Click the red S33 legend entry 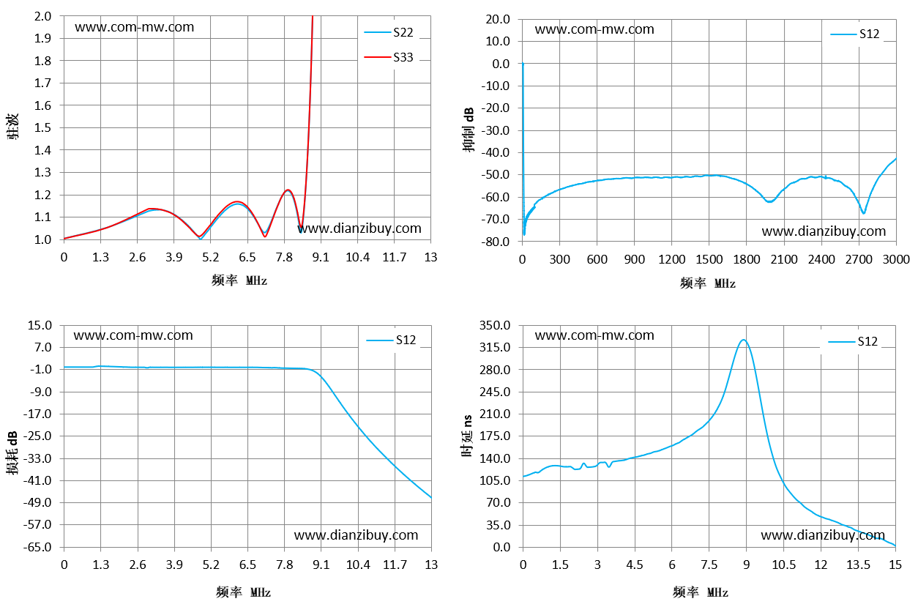(389, 57)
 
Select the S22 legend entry (389, 32)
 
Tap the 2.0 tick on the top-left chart (42, 16)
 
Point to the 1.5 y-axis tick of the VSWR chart (42, 128)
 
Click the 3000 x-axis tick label (896, 259)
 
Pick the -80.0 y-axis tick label (496, 242)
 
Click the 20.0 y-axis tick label (498, 19)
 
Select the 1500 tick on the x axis (709, 259)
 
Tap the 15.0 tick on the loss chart (40, 325)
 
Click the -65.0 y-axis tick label (38, 547)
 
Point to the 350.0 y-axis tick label (495, 325)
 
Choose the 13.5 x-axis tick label (858, 565)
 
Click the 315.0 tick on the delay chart (495, 348)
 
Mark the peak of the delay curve (744, 340)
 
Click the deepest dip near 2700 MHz (864, 213)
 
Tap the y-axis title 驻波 (12, 127)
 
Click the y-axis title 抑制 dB (469, 130)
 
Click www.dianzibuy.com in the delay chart (823, 535)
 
